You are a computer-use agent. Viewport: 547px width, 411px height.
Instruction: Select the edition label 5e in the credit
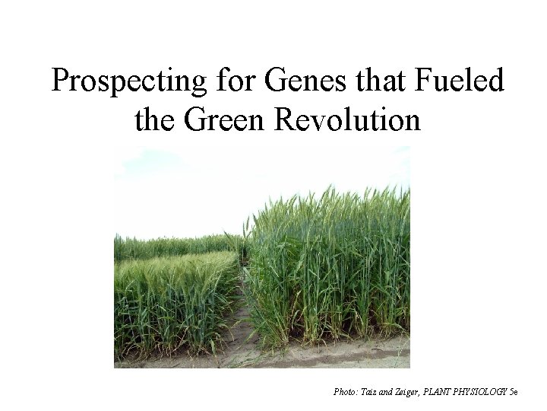514,392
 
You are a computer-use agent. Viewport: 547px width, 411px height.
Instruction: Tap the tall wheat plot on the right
334,259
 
